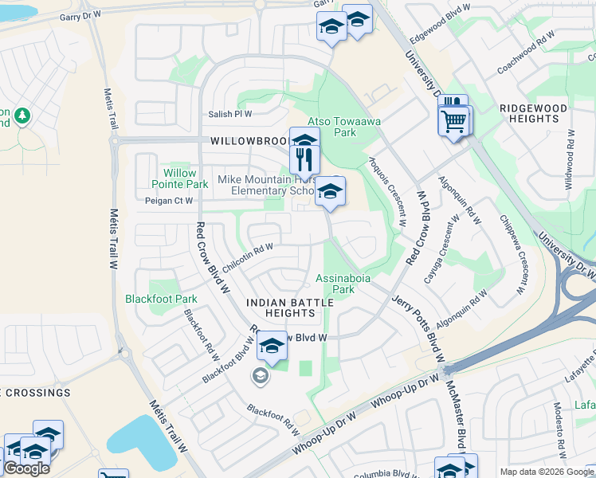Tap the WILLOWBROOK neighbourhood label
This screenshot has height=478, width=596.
249,140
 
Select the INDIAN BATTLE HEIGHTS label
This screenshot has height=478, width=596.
286,308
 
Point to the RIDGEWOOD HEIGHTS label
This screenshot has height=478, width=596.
533,113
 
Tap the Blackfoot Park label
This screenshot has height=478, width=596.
161,300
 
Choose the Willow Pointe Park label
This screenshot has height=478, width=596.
174,178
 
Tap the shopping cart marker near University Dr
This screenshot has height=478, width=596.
454,122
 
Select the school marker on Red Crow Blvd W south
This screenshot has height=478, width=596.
272,347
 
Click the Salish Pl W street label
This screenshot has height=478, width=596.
230,114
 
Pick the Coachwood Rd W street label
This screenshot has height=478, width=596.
525,53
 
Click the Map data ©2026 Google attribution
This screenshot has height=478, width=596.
547,472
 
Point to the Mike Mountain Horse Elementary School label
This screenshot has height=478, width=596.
269,186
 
